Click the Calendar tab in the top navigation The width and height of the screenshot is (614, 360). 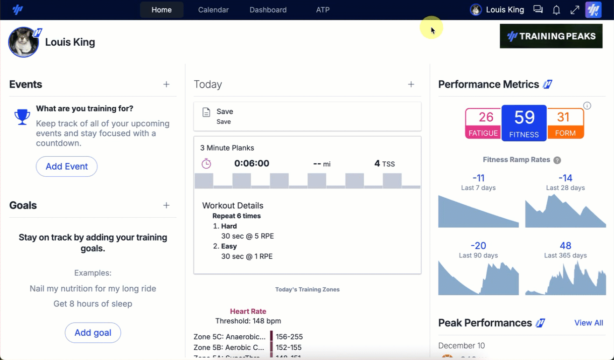coord(213,10)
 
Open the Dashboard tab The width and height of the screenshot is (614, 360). coord(268,10)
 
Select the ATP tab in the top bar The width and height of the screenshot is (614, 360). coord(323,10)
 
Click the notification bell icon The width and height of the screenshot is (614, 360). coord(556,10)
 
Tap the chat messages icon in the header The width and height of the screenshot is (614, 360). coord(538,9)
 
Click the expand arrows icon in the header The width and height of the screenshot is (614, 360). coord(575,10)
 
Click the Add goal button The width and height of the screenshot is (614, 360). coord(93,332)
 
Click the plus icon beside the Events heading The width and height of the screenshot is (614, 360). coord(167,84)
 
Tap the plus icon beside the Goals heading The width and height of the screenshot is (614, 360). coord(167,205)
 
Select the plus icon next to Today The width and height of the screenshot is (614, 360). coord(411,84)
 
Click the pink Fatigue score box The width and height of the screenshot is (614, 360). coord(483,124)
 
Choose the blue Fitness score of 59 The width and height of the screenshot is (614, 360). coord(524,123)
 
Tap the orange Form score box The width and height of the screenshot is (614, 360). coord(565,123)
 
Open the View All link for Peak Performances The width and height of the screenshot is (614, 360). coord(588,323)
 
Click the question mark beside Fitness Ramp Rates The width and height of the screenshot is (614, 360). coord(557,160)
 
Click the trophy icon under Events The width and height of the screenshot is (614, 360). coord(22,117)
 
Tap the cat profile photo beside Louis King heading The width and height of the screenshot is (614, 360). coord(23,42)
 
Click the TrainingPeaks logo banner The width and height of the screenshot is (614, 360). coord(551,36)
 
